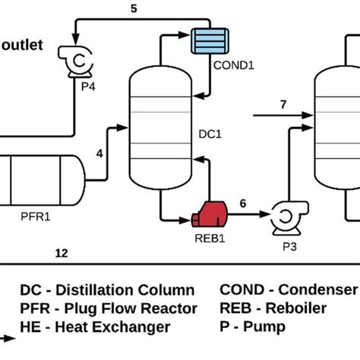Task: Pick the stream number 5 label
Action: click(x=134, y=10)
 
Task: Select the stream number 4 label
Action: click(x=99, y=153)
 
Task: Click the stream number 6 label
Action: click(x=243, y=203)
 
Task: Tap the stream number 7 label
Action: click(x=283, y=104)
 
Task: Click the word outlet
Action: click(x=27, y=45)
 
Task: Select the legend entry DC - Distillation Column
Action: click(x=106, y=290)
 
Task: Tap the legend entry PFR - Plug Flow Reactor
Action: click(x=108, y=308)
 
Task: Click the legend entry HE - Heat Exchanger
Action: click(x=94, y=327)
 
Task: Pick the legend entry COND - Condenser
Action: click(x=288, y=290)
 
